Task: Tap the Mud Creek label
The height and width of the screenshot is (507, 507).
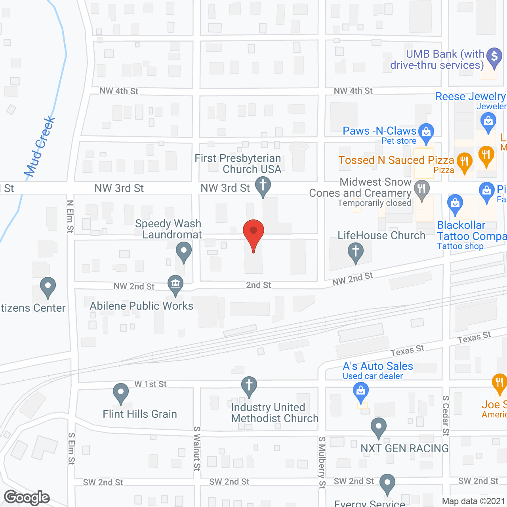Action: coord(40,147)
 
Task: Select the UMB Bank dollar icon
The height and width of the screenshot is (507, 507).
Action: coord(494,57)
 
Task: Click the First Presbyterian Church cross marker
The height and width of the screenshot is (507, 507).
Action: coord(263,185)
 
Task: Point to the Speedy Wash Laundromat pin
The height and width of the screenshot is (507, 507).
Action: coord(183,251)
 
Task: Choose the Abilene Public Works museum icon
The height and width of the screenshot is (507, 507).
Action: coord(175,284)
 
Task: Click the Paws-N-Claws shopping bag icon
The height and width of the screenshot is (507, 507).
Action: coord(426,132)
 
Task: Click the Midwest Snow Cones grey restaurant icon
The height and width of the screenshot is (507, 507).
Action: coord(421,189)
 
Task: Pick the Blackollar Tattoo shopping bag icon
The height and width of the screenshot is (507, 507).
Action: coord(455,203)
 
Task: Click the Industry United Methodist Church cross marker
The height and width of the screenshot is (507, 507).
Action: coord(249,385)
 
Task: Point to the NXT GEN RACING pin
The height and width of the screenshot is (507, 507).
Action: coord(379,427)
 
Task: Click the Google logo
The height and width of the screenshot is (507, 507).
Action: coord(27,497)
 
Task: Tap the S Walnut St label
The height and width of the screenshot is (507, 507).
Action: coord(197,448)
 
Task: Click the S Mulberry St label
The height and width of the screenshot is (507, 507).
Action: coord(322,462)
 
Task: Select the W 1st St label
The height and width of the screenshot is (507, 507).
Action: coord(151,384)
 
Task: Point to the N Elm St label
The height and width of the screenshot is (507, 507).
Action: coord(70,216)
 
